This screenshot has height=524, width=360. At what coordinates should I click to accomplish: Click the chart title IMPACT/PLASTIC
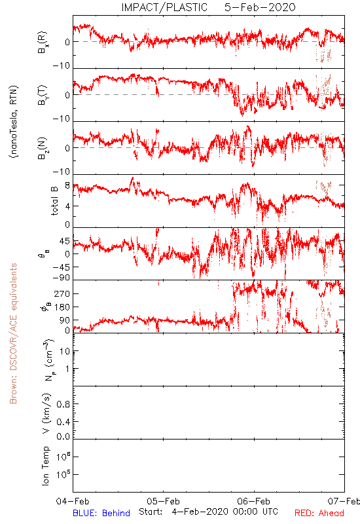pos(164,7)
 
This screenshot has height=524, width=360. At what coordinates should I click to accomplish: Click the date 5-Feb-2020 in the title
pos(260,7)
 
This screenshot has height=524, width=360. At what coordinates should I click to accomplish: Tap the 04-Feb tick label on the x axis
pos(73,501)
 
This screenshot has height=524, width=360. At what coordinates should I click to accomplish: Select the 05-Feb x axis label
pos(163,501)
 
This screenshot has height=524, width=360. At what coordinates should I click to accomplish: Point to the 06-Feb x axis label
pos(254,501)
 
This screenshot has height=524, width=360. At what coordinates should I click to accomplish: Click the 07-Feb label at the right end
pos(344,501)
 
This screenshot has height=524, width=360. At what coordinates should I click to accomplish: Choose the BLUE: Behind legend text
pos(101,513)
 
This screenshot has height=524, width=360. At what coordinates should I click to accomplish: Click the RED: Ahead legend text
pos(319,513)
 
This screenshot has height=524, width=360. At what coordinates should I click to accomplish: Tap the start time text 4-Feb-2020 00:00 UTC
pos(225,512)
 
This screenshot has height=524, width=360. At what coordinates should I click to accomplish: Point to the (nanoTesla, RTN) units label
pos(14,122)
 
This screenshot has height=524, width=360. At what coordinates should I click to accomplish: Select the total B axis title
pos(54,201)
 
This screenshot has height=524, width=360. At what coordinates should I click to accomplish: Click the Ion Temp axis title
pos(46,466)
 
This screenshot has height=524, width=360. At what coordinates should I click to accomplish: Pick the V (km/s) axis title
pos(47,413)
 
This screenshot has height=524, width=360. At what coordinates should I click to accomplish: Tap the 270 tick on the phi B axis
pos(62,293)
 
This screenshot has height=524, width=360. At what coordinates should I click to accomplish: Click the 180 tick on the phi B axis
pos(62,307)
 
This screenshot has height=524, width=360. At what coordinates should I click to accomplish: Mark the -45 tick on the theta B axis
pos(62,267)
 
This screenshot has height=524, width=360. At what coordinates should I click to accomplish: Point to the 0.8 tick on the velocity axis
pos(63,404)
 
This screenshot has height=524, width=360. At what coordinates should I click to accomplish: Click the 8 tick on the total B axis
pos(67,185)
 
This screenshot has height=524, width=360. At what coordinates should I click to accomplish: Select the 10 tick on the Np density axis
pos(65,351)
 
